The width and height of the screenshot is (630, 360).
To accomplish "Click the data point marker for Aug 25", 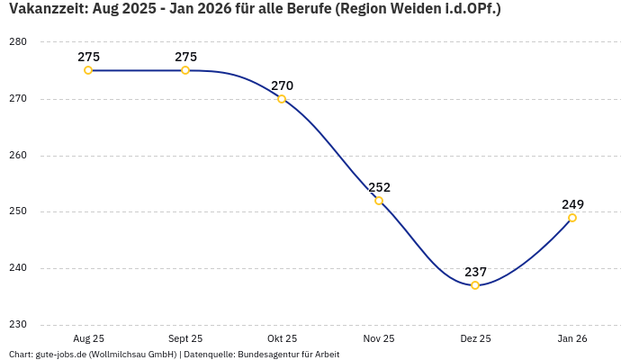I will tap(88, 70).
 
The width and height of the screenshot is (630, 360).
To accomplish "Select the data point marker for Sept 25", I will tap(185, 70).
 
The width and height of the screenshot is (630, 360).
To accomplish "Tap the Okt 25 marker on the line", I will tap(282, 99).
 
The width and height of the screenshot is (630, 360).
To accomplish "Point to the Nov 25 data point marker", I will tap(379, 201).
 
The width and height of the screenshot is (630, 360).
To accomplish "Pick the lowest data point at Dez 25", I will tap(475, 285).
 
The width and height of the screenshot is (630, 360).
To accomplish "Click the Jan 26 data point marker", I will tap(572, 218).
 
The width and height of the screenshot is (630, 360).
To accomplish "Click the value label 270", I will tap(282, 85).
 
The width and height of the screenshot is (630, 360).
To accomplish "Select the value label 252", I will tap(379, 187).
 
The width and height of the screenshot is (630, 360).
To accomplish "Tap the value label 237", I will tap(475, 272).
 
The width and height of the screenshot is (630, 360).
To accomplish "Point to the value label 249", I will tap(572, 204).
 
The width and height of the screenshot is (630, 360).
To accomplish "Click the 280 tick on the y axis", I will tap(19, 42).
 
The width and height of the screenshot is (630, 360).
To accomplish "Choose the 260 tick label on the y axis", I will tap(19, 156).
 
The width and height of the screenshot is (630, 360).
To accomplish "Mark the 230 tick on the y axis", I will tap(19, 325).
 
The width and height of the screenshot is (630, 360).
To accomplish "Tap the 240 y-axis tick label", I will tap(19, 268).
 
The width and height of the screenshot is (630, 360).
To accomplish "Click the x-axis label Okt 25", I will tap(282, 339).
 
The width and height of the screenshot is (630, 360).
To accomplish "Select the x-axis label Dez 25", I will tap(475, 339).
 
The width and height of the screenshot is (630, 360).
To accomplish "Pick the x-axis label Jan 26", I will tap(572, 339).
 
